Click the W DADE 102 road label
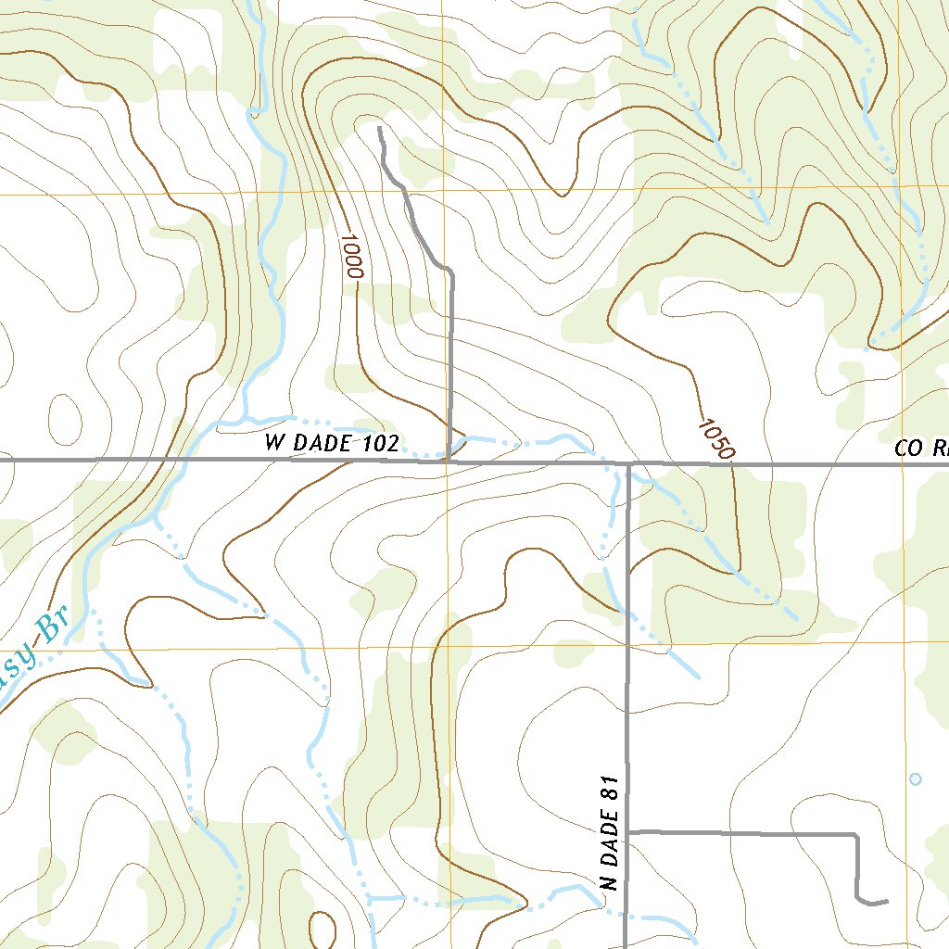point(332,444)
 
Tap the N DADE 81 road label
point(609,832)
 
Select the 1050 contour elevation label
point(715,439)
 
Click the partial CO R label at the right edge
point(921,449)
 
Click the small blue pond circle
point(916,779)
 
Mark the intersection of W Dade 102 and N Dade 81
point(628,463)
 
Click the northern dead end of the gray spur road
point(380,128)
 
